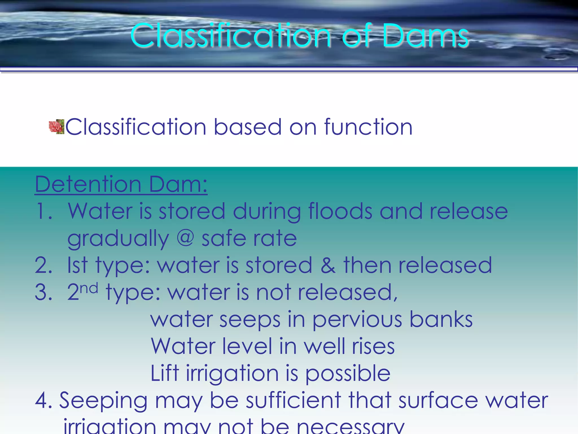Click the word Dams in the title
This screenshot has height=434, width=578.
[426, 36]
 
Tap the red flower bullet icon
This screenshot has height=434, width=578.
[56, 127]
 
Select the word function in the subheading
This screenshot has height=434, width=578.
[368, 127]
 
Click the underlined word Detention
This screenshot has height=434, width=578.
[88, 184]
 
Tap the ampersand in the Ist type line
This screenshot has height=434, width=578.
[328, 266]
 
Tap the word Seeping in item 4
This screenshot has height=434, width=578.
[103, 401]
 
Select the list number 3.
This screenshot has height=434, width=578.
[43, 292]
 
